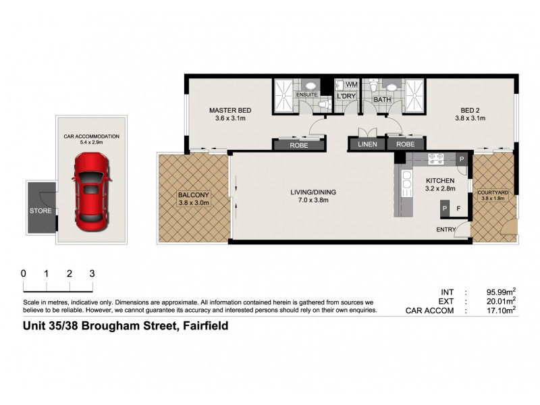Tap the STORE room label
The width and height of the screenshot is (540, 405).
[x=40, y=211]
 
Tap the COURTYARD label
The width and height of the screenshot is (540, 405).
[x=493, y=192]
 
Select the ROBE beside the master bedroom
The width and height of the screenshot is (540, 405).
[x=298, y=144]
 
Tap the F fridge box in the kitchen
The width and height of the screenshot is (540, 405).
[x=459, y=209]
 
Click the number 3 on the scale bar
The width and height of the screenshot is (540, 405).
[x=92, y=274]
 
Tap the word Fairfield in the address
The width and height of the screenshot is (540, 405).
[x=202, y=326]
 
